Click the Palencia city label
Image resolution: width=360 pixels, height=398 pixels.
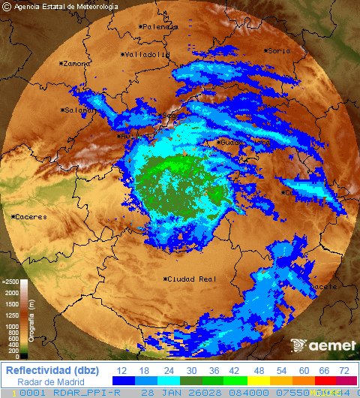[160, 26]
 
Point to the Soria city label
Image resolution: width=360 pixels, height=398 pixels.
[278, 51]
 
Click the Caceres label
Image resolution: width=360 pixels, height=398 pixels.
[30, 217]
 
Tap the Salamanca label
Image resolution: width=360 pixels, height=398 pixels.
[81, 110]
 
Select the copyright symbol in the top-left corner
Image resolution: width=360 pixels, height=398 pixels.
[7, 7]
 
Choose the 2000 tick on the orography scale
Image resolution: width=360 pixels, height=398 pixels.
[10, 294]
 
